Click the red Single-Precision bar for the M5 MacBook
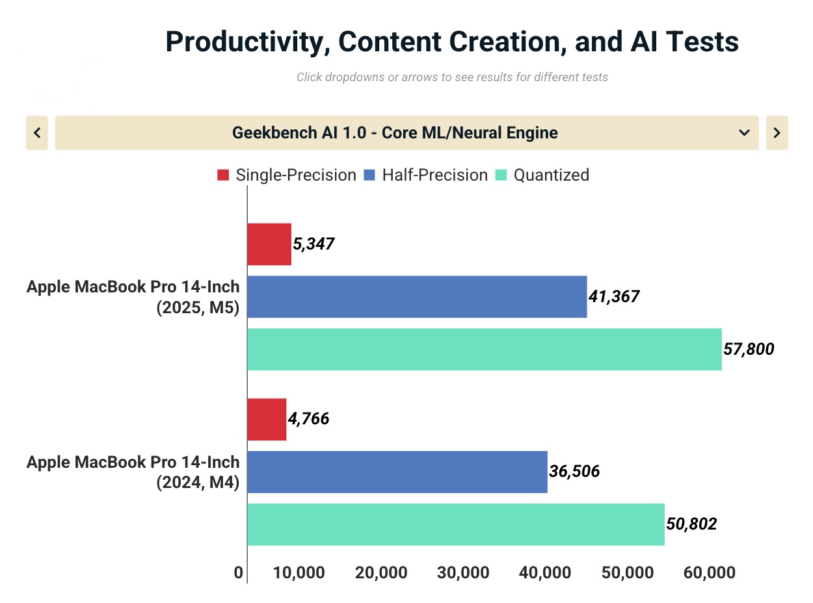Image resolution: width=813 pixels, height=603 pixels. (269, 244)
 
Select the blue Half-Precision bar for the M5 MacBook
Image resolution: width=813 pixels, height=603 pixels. (417, 297)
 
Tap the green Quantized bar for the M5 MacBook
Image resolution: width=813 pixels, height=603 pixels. (485, 350)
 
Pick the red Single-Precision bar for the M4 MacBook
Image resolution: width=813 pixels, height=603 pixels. (267, 419)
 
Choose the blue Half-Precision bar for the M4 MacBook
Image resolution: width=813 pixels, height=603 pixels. (397, 472)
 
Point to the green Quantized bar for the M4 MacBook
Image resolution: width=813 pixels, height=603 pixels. (456, 524)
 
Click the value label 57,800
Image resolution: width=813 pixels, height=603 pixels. (749, 350)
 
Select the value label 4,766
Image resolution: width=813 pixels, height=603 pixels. (308, 419)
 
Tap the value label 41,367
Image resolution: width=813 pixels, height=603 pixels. (614, 297)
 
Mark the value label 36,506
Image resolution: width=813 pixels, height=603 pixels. (574, 472)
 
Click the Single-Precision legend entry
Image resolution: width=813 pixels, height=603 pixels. (287, 175)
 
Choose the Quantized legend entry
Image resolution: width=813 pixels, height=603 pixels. (542, 175)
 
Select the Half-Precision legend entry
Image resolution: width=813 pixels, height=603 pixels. (426, 175)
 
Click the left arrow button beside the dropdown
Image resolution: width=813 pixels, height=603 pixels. (37, 133)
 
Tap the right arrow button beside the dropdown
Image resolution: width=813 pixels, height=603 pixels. (777, 133)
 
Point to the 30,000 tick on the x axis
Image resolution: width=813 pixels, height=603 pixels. (464, 572)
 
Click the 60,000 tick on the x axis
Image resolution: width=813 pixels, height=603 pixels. (710, 572)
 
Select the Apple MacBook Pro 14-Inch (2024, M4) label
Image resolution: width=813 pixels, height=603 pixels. (133, 472)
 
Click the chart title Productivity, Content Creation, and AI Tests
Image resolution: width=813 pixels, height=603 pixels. (452, 42)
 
